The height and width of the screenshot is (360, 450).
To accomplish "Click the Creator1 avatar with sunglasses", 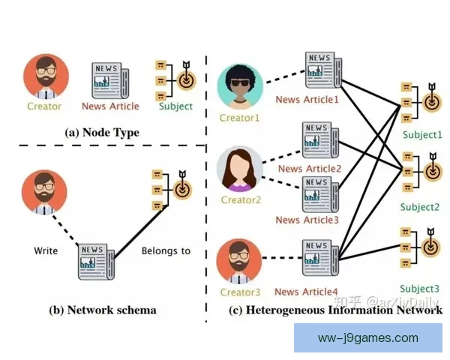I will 240,86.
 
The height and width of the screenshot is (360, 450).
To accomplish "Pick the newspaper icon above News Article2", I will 319,139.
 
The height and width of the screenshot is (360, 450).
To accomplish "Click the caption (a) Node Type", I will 102,133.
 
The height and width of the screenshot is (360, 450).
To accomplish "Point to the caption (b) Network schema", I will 102,309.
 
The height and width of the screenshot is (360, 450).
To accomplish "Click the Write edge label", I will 46,250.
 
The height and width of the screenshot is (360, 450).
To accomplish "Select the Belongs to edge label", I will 166,250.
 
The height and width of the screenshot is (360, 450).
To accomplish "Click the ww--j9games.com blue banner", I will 368,337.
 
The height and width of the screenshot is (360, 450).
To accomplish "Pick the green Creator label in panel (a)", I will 44,106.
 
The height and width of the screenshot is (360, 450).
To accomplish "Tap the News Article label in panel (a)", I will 111,106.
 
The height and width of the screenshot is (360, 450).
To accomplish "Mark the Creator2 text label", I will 241,200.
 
